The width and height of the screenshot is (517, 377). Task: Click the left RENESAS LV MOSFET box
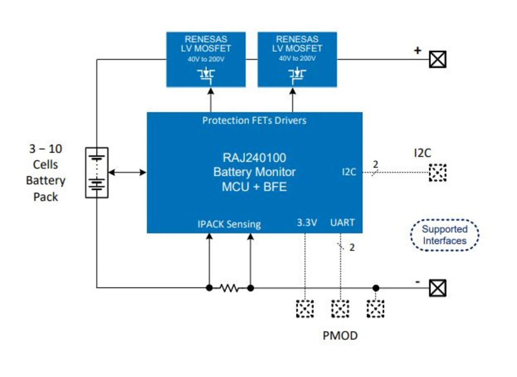point(206,59)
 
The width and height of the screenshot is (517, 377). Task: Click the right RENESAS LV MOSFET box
point(297,59)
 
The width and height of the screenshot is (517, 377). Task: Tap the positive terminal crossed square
point(437,60)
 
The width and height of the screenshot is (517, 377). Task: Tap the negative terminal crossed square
point(437,288)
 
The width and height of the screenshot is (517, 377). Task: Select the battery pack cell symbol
point(97,173)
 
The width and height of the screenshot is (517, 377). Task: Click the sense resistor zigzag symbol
point(229,288)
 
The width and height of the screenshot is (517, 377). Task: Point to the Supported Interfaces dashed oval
point(444,235)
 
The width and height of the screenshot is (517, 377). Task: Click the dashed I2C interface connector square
point(437,173)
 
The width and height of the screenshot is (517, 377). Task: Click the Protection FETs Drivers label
point(254,120)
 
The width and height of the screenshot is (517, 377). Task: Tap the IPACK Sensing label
point(229,224)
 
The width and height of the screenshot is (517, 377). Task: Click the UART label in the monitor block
point(342,223)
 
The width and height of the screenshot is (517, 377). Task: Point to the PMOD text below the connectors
point(340,335)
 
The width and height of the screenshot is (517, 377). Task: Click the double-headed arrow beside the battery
point(127,173)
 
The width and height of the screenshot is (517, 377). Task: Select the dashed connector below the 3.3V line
point(305,309)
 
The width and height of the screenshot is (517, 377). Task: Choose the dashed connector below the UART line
point(340,309)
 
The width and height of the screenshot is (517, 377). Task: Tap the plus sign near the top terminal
point(417,51)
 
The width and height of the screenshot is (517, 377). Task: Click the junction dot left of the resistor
point(209,288)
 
